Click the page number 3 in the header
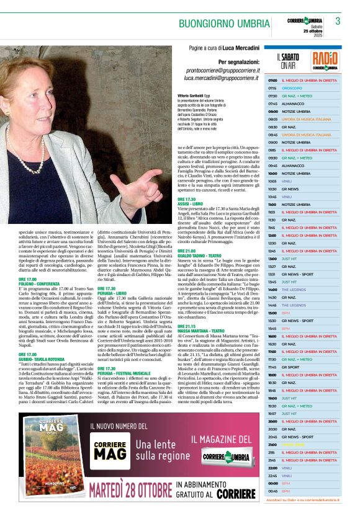click(338, 21)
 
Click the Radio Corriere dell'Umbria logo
click(325, 61)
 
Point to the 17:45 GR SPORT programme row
click(304, 367)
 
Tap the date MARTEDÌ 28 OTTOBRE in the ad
click(130, 489)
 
